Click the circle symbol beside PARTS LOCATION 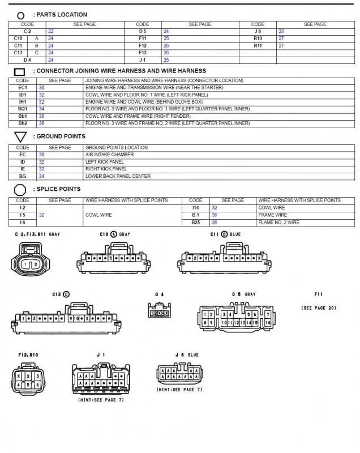click(21, 15)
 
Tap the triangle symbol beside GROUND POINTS click(20, 137)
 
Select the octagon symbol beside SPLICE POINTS click(20, 190)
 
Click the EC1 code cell click(23, 88)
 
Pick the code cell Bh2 click(23, 123)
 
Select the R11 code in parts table click(258, 45)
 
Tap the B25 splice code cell click(195, 223)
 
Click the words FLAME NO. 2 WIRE click(279, 223)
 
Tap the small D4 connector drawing click(159, 312)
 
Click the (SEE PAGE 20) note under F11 click(319, 308)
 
